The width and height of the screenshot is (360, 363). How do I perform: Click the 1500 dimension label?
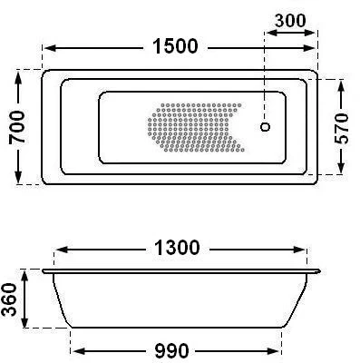[175, 46]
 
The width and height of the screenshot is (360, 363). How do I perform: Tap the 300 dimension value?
[290, 21]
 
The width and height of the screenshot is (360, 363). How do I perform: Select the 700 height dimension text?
[16, 127]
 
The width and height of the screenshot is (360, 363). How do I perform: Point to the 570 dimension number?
[342, 128]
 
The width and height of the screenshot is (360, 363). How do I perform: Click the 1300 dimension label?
[177, 248]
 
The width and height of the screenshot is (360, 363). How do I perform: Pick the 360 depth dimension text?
[9, 299]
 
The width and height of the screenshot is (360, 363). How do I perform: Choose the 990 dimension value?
[171, 351]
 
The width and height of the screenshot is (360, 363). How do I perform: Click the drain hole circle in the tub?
[265, 127]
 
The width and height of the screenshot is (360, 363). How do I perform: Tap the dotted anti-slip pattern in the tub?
[196, 127]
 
